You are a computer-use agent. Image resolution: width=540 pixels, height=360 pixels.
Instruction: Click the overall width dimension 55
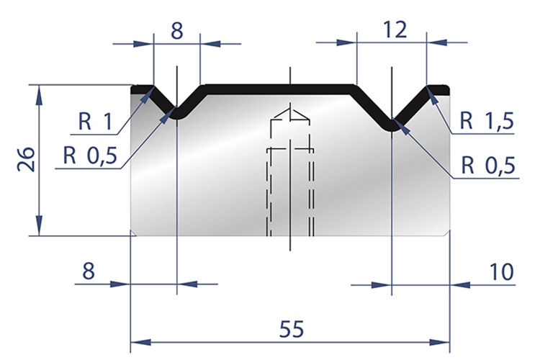[x=292, y=328]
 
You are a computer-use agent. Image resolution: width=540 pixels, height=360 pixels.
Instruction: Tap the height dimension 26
[x=26, y=159]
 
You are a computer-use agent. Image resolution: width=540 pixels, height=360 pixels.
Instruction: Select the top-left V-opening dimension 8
[x=176, y=31]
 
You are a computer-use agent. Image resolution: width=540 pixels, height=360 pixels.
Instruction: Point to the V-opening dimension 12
[x=395, y=30]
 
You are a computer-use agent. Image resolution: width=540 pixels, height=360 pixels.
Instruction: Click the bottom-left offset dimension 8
[x=88, y=271]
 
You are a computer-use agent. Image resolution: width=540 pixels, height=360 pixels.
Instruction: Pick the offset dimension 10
[x=501, y=272]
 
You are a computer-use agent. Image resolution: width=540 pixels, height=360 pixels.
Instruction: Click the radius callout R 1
[x=95, y=121]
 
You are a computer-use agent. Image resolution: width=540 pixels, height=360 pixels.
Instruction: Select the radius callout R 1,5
[x=487, y=120]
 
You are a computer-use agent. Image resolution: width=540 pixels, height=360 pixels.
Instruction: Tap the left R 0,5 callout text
[x=90, y=156]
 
